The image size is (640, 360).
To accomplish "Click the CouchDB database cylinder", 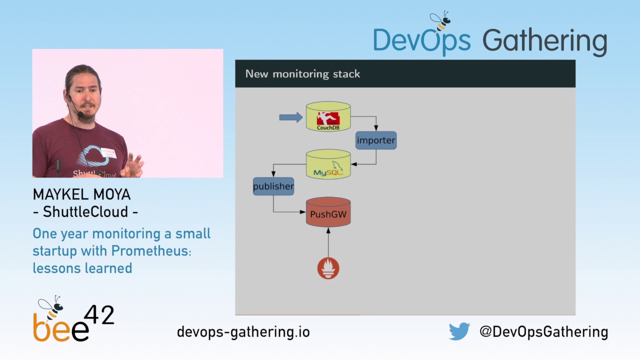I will (x=328, y=116).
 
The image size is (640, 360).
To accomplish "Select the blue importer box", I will (x=376, y=140).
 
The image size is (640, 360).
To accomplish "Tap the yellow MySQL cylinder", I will (x=328, y=164).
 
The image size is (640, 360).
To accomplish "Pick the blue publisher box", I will (x=273, y=186).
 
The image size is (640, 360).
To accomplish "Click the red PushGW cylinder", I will (x=328, y=213).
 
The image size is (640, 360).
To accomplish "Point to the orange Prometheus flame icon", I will (x=328, y=268).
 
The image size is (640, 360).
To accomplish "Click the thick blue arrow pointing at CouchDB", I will (x=290, y=117).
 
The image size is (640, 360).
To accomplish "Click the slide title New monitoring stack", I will (x=302, y=74).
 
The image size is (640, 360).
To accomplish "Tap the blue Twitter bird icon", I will (x=459, y=331).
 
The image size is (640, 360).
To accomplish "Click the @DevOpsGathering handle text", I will (x=543, y=331).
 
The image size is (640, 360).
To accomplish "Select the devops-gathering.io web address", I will (x=243, y=331).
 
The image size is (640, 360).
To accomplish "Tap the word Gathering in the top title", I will (x=544, y=41).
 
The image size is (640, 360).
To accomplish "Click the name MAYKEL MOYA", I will (x=81, y=194).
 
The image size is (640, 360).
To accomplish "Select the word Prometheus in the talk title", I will (x=150, y=250).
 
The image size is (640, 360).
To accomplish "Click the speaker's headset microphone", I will (x=80, y=114).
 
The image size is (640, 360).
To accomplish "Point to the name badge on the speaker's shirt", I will (x=108, y=152).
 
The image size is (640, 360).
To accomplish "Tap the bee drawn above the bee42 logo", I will (x=51, y=305).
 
